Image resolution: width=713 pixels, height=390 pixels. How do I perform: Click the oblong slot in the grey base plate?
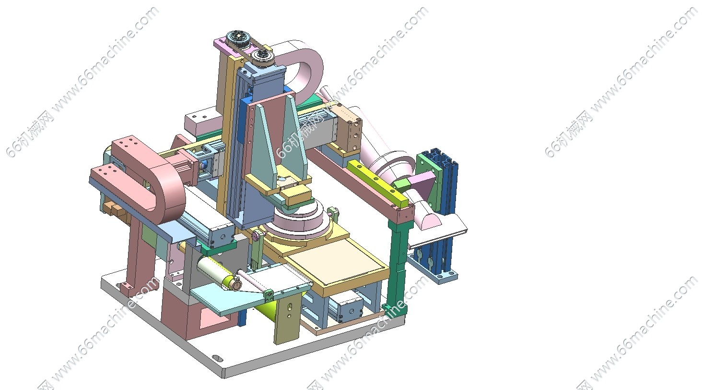coord(217,358)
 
